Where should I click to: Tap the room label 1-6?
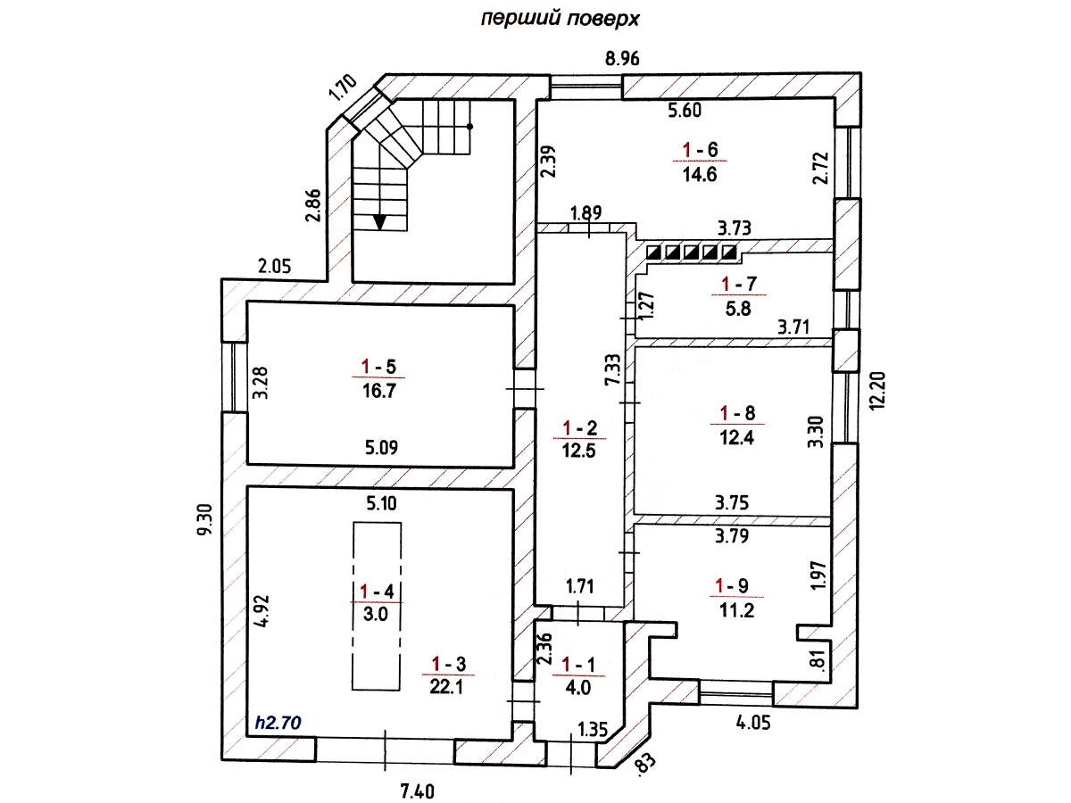(700, 149)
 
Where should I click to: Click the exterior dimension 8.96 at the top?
(623, 61)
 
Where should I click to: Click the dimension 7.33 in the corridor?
(612, 368)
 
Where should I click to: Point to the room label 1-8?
(737, 413)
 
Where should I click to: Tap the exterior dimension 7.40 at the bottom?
(419, 790)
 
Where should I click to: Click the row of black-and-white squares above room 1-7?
(693, 252)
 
